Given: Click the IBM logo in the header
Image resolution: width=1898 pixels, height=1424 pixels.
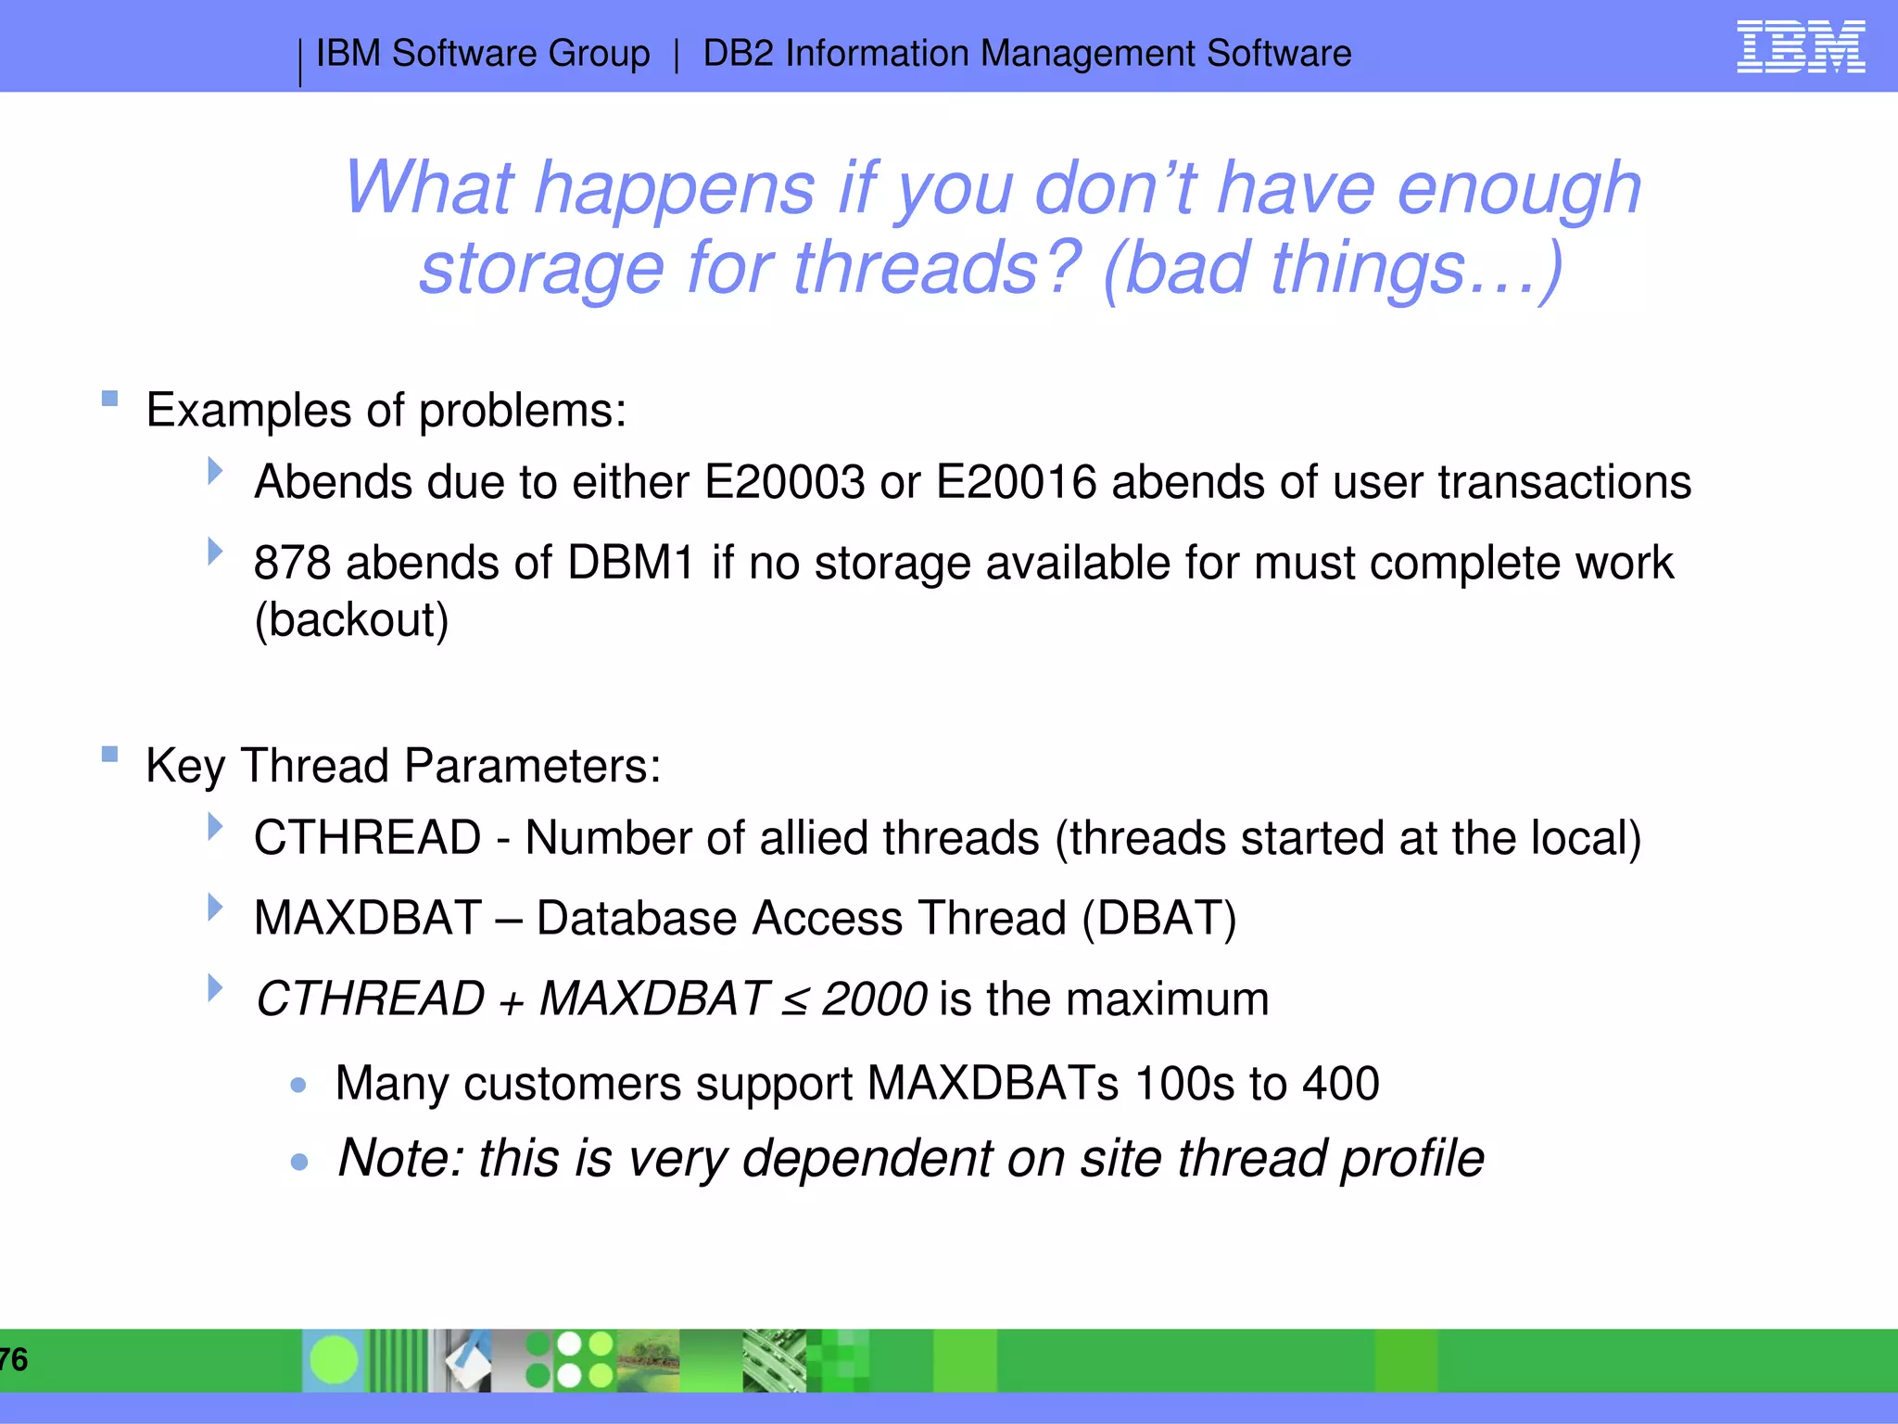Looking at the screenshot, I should [x=1800, y=47].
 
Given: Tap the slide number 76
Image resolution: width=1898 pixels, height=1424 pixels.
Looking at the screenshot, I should [x=13, y=1360].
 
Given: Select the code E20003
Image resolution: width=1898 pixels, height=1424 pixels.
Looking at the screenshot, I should [x=784, y=482].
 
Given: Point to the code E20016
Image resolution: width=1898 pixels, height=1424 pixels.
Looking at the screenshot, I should [x=1016, y=482].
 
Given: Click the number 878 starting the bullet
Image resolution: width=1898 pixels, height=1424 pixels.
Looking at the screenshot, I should [x=292, y=563].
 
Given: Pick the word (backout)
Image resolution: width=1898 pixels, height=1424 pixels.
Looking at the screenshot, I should [x=351, y=619].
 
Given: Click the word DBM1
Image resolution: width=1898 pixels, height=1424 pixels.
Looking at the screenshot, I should [x=631, y=563].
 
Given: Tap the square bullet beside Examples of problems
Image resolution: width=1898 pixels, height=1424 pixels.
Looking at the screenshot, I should [x=110, y=399].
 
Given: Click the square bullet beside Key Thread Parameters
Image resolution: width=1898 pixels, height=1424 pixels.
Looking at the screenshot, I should [x=110, y=754].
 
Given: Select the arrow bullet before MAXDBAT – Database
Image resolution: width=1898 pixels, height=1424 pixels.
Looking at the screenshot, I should [x=215, y=907].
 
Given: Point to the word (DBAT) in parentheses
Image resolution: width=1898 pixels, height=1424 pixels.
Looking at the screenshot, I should [x=1159, y=919].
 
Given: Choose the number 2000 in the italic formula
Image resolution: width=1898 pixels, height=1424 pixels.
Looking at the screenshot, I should [x=874, y=999].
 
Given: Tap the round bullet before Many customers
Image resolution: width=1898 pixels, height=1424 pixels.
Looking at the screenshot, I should [x=298, y=1085].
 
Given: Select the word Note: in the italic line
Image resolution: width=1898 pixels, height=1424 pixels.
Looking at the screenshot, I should [x=400, y=1158].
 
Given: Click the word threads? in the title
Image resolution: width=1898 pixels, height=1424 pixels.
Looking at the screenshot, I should [x=937, y=268].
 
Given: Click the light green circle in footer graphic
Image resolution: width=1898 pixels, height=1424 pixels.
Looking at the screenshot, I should [x=334, y=1360].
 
